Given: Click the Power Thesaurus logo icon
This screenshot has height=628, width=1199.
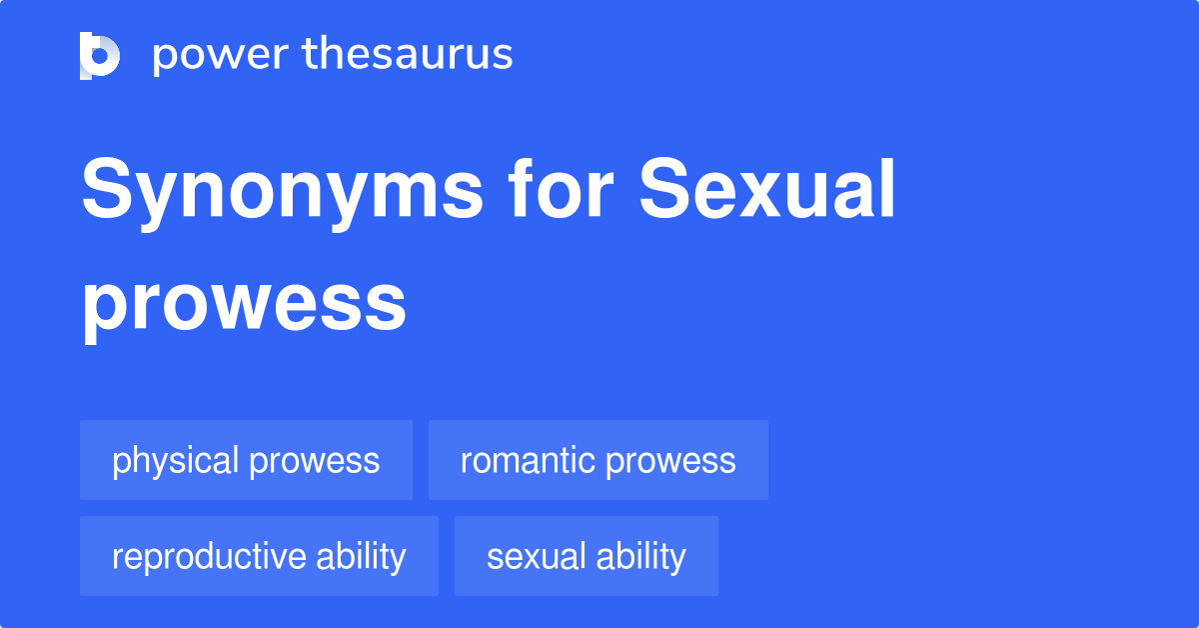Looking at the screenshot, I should pos(100,55).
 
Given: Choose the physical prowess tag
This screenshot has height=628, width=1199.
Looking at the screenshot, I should pos(246,460).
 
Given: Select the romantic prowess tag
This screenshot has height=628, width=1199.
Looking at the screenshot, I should pos(598,460).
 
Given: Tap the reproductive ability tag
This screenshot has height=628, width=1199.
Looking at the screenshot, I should pos(259,556).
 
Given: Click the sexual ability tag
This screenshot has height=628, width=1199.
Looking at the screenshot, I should pos(586,556).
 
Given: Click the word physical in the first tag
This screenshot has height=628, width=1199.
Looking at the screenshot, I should pos(176,460).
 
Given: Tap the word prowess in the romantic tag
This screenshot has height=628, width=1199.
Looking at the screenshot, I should pos(670,461).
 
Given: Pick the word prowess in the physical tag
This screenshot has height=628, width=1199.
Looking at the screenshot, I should pos(315,461).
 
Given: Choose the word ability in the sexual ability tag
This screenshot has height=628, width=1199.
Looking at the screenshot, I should pos(640,556).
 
